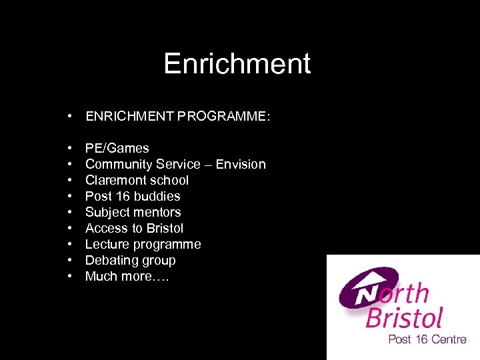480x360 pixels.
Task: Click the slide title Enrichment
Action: coord(237,64)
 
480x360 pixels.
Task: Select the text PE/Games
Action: coord(117,148)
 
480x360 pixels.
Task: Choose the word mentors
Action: coord(157,212)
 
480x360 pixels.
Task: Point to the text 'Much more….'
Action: coord(127,276)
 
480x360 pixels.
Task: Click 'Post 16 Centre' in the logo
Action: coord(427,339)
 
